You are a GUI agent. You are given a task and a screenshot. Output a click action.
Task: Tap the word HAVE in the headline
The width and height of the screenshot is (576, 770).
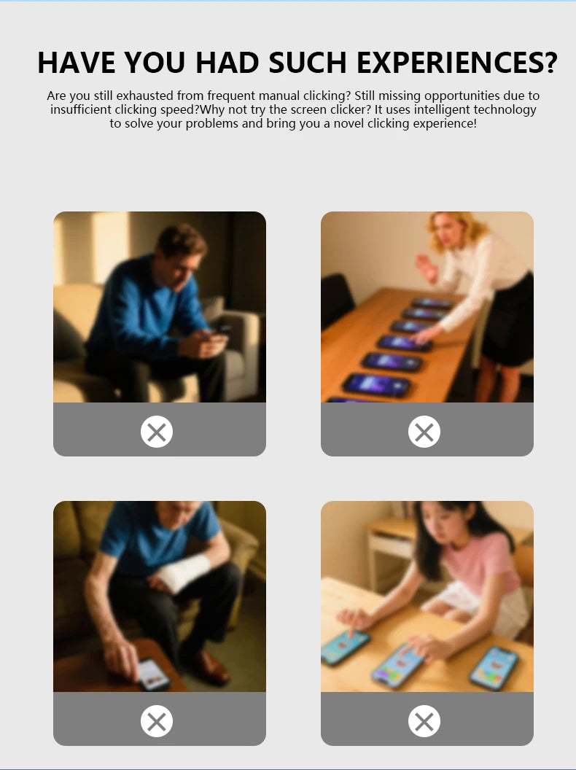pos(77,63)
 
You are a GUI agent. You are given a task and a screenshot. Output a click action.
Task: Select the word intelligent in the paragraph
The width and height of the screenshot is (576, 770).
pos(440,109)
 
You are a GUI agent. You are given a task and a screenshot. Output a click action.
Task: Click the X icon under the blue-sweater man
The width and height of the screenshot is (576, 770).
pos(157,432)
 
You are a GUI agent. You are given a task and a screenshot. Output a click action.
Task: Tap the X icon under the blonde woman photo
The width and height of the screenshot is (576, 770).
pos(424,432)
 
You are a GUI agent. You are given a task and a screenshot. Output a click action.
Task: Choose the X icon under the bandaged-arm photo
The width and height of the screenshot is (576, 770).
pos(157,721)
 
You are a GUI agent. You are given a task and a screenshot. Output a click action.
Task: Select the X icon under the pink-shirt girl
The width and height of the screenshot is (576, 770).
pos(424,721)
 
